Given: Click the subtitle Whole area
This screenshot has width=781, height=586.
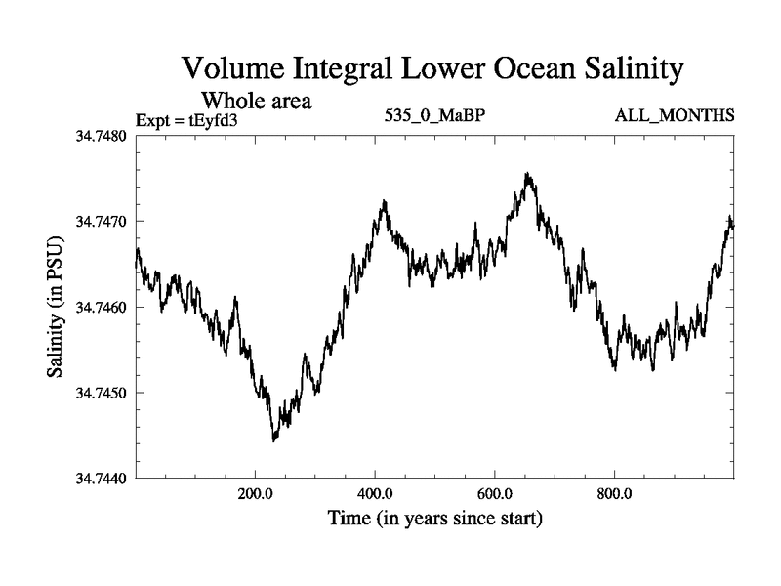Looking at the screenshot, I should (x=257, y=100).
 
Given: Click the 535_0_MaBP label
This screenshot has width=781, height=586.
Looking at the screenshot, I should (x=434, y=116).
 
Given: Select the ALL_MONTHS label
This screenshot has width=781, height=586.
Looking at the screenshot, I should (x=674, y=116).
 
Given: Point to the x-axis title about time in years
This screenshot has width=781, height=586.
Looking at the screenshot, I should (x=434, y=517).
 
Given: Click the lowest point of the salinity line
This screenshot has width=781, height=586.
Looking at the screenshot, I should (x=274, y=440).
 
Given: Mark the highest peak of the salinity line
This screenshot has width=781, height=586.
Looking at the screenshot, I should (x=527, y=174).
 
